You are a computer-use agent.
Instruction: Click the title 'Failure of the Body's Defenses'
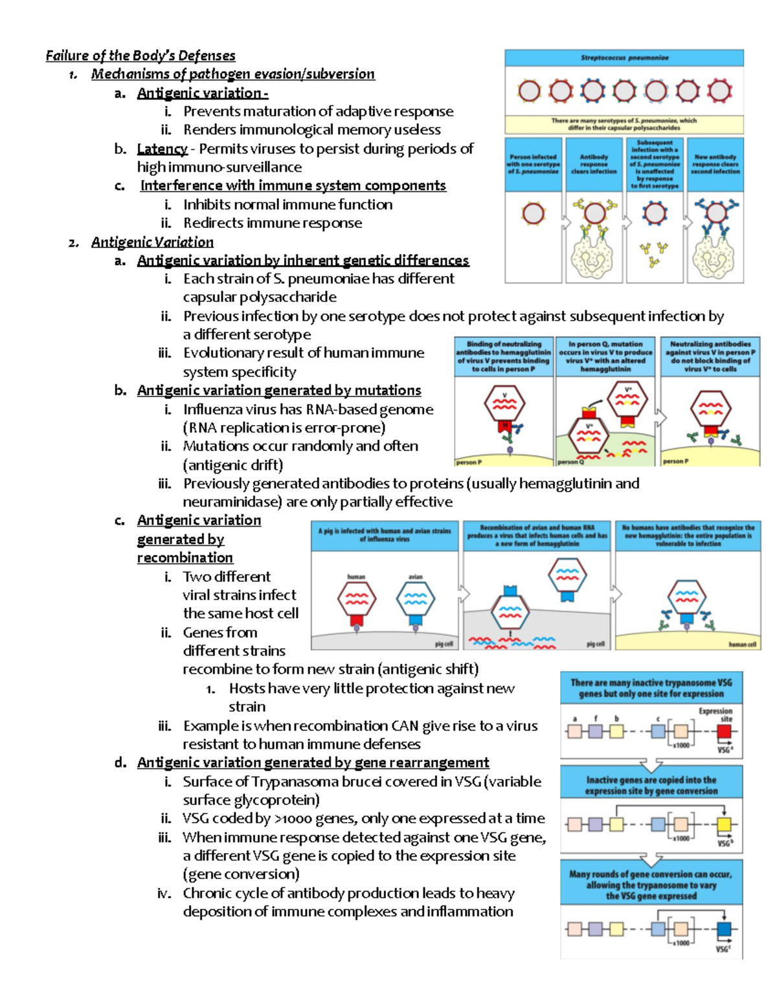pyautogui.click(x=141, y=56)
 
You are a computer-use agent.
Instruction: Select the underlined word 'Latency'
pyautogui.click(x=162, y=149)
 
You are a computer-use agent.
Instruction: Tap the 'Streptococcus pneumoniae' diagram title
pyautogui.click(x=624, y=58)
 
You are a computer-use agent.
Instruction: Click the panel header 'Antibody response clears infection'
pyautogui.click(x=594, y=164)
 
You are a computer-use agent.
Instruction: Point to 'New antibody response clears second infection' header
pyautogui.click(x=715, y=164)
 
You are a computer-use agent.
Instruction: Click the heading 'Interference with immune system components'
pyautogui.click(x=293, y=186)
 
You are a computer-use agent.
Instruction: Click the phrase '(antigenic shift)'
pyautogui.click(x=428, y=669)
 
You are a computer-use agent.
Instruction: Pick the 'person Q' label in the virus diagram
pyautogui.click(x=570, y=462)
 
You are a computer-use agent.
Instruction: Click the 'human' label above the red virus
pyautogui.click(x=356, y=577)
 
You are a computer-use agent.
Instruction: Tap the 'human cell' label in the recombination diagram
pyautogui.click(x=741, y=645)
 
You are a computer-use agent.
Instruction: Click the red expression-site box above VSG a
pyautogui.click(x=724, y=731)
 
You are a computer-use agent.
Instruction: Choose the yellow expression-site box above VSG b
pyautogui.click(x=724, y=825)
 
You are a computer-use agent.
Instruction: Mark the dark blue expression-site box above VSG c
pyautogui.click(x=724, y=930)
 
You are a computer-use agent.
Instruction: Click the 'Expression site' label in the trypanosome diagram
pyautogui.click(x=715, y=714)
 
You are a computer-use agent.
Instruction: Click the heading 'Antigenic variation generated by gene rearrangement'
pyautogui.click(x=313, y=763)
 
